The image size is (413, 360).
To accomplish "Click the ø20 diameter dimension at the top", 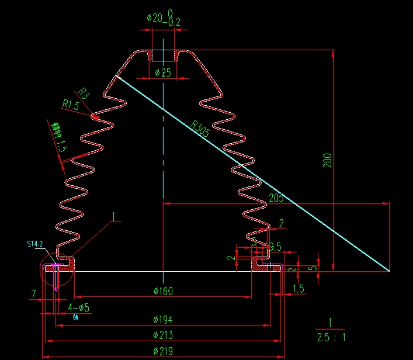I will [155, 18].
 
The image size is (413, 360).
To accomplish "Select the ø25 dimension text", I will [163, 73].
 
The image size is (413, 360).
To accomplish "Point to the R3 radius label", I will [84, 94].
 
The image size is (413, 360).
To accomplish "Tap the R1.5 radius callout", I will [71, 105].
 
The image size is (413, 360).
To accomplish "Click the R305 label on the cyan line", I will [199, 129].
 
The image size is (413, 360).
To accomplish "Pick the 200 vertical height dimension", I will [328, 160].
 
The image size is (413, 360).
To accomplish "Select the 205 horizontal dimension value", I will [276, 198].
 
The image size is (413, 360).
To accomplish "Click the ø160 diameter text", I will [163, 291].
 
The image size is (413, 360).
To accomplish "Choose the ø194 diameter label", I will [163, 320].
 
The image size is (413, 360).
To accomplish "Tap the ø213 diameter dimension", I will [163, 335].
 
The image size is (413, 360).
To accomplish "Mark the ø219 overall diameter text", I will [163, 351].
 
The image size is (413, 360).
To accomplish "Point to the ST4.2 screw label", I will [35, 244].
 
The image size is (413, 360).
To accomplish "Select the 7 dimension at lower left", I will [34, 293].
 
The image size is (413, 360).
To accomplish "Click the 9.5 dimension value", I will [275, 247].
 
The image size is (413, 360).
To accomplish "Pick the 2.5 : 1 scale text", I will [331, 337].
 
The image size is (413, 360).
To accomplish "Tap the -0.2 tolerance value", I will [173, 22].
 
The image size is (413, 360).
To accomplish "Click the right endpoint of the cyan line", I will [389, 271].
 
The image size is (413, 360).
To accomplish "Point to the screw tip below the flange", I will [56, 289].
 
